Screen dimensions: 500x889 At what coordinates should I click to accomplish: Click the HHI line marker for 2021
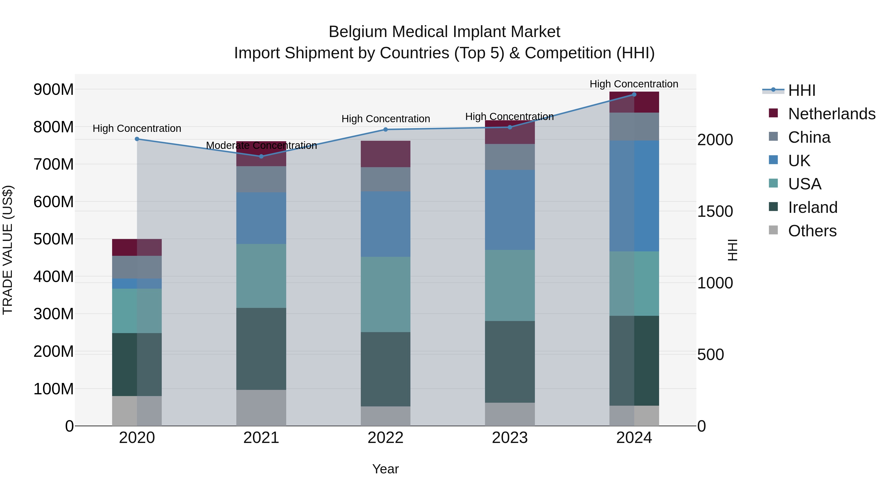[x=261, y=156]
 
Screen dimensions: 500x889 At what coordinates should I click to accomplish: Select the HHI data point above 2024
[x=634, y=95]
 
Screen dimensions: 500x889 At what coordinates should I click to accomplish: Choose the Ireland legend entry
[x=813, y=207]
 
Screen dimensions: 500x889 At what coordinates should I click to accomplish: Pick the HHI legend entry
[x=802, y=90]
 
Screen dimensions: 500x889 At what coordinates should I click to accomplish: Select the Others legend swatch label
[x=812, y=231]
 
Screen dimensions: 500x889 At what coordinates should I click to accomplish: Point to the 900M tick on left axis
[x=54, y=90]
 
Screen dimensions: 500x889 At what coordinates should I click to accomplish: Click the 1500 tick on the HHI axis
[x=715, y=212]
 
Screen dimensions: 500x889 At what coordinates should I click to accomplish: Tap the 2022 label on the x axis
[x=385, y=438]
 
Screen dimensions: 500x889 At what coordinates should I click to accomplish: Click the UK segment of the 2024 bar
[x=634, y=196]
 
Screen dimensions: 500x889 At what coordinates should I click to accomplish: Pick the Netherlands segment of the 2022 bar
[x=385, y=154]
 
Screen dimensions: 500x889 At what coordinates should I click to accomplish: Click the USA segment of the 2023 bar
[x=510, y=285]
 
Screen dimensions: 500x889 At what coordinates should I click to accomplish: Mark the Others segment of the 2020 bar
[x=137, y=411]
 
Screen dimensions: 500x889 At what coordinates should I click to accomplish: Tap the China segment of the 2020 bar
[x=137, y=267]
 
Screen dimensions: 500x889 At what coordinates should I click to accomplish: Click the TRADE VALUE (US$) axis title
[x=8, y=250]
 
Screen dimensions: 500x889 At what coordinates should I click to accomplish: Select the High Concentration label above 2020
[x=137, y=128]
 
